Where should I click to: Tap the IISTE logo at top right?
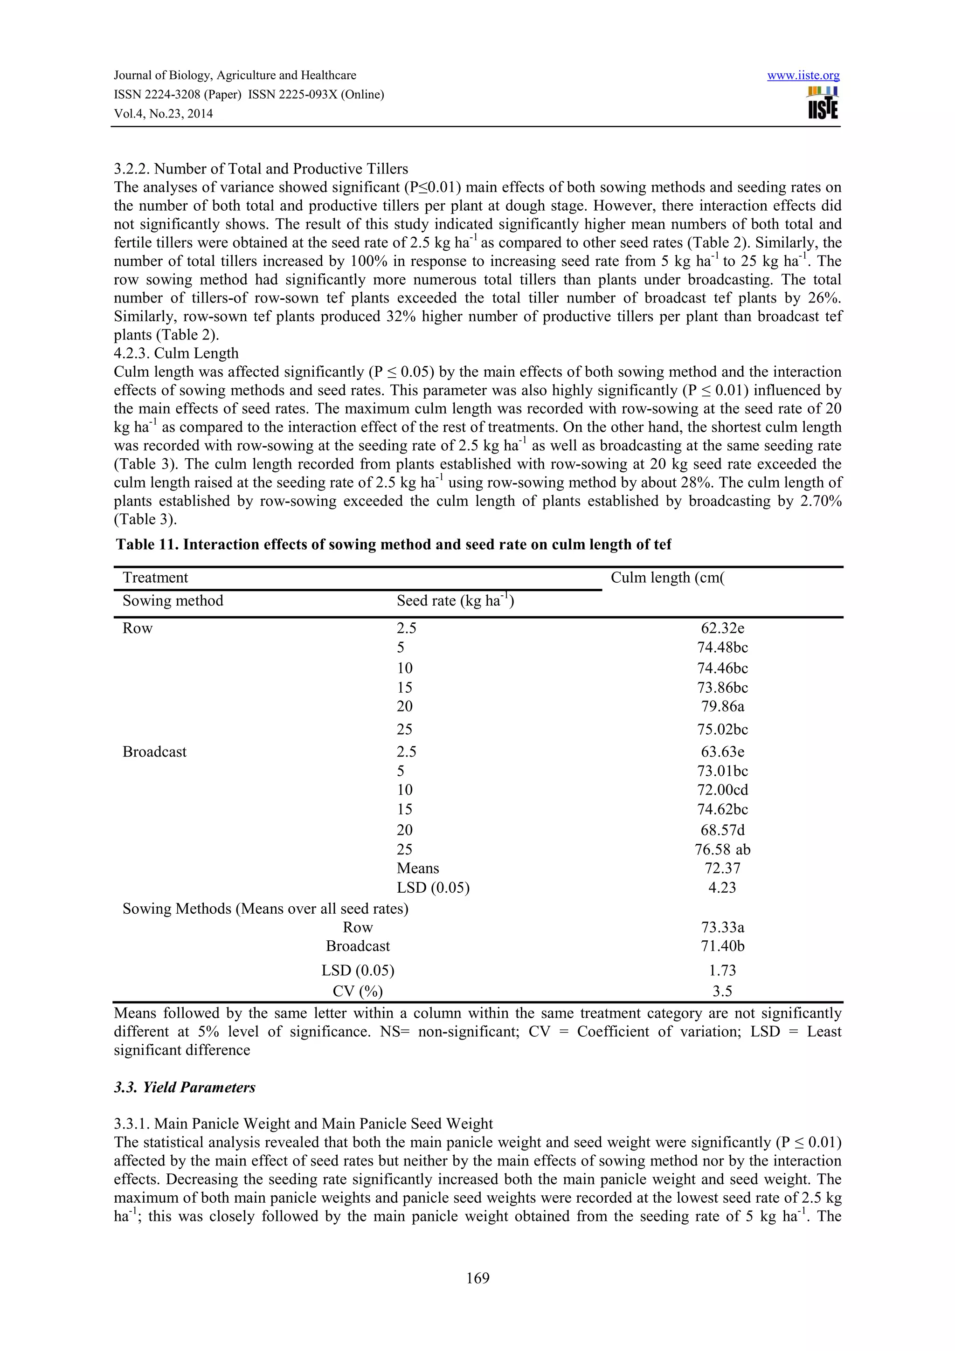point(823,103)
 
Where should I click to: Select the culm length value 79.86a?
point(722,706)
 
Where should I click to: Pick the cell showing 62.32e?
point(722,628)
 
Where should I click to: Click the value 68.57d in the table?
point(722,830)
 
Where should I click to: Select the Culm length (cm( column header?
point(667,577)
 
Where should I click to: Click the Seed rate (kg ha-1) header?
point(455,601)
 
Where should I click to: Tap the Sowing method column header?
point(173,601)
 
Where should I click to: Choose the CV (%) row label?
point(357,992)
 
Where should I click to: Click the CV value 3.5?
point(722,992)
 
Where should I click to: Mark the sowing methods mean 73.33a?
point(722,927)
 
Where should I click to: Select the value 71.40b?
point(722,946)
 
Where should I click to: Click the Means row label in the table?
point(418,868)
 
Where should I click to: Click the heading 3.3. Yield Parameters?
point(185,1088)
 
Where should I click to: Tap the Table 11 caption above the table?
point(393,545)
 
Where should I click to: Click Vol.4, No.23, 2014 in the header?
point(163,114)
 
